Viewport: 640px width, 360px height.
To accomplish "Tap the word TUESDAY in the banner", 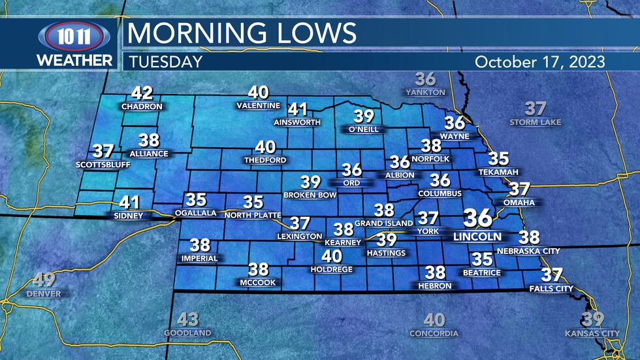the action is [165, 62].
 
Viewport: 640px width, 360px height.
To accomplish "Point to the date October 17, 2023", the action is [540, 62].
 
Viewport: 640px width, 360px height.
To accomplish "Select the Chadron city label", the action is [141, 106].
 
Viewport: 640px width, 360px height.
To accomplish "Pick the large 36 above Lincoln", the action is [478, 218].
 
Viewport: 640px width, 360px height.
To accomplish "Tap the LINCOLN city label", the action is [478, 236].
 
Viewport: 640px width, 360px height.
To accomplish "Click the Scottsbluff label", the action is [103, 165].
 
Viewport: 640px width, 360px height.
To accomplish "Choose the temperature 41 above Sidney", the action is [129, 203].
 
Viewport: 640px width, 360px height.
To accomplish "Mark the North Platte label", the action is [252, 215].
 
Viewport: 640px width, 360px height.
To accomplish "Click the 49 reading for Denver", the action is [44, 281].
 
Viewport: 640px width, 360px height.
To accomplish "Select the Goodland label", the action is [187, 333].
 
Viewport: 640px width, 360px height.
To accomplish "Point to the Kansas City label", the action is [592, 334].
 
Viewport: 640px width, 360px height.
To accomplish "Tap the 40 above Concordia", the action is [434, 320].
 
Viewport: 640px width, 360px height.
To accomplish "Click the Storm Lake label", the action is [535, 122].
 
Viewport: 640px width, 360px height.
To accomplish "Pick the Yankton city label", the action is [425, 93].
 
